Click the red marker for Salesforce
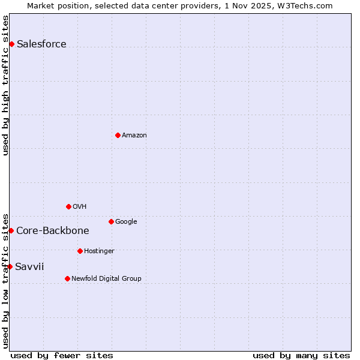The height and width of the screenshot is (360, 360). click(x=11, y=44)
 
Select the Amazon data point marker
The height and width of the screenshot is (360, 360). click(x=118, y=135)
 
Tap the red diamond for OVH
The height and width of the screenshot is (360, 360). click(x=68, y=206)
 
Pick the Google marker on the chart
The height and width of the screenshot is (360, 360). click(x=111, y=221)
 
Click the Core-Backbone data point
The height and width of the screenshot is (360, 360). click(x=11, y=230)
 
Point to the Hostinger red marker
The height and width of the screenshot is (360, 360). click(x=80, y=251)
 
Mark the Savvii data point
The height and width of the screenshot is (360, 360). click(x=10, y=266)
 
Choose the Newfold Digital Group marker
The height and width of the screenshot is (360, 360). click(x=67, y=278)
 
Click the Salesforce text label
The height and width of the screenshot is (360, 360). click(x=41, y=44)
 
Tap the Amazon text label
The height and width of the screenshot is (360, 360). click(x=134, y=135)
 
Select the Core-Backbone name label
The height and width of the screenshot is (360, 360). click(x=53, y=230)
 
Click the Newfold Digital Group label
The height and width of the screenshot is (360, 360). click(x=106, y=278)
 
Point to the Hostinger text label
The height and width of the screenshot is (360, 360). click(x=99, y=251)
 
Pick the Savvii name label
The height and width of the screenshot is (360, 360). click(x=29, y=266)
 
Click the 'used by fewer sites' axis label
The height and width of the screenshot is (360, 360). click(x=62, y=355)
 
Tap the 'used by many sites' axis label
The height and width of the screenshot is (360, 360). click(x=301, y=355)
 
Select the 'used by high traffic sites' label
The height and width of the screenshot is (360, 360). click(x=5, y=85)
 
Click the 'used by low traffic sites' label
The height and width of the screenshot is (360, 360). click(x=5, y=280)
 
